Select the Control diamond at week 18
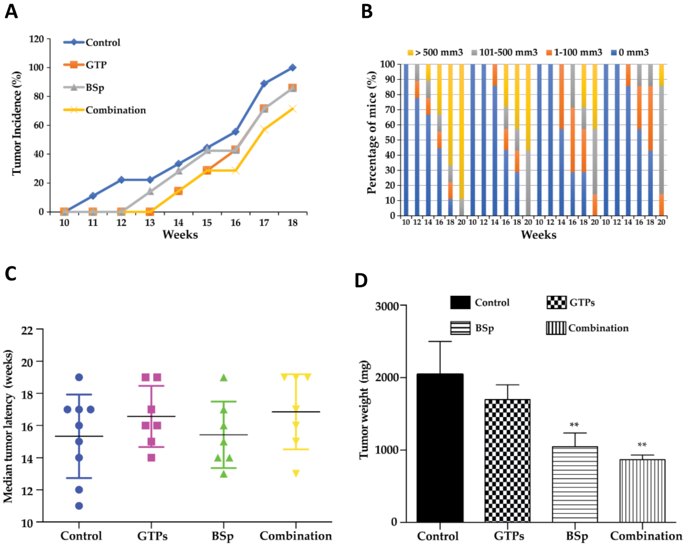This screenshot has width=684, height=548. [293, 68]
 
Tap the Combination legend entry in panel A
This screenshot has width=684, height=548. [116, 110]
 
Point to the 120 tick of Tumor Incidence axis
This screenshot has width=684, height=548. [36, 39]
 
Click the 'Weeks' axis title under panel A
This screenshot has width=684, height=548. [180, 235]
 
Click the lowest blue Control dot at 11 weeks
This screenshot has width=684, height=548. [79, 506]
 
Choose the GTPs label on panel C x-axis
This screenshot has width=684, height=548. [152, 536]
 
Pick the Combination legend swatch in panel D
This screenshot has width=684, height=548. [556, 328]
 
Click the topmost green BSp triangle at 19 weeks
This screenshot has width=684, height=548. [224, 377]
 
